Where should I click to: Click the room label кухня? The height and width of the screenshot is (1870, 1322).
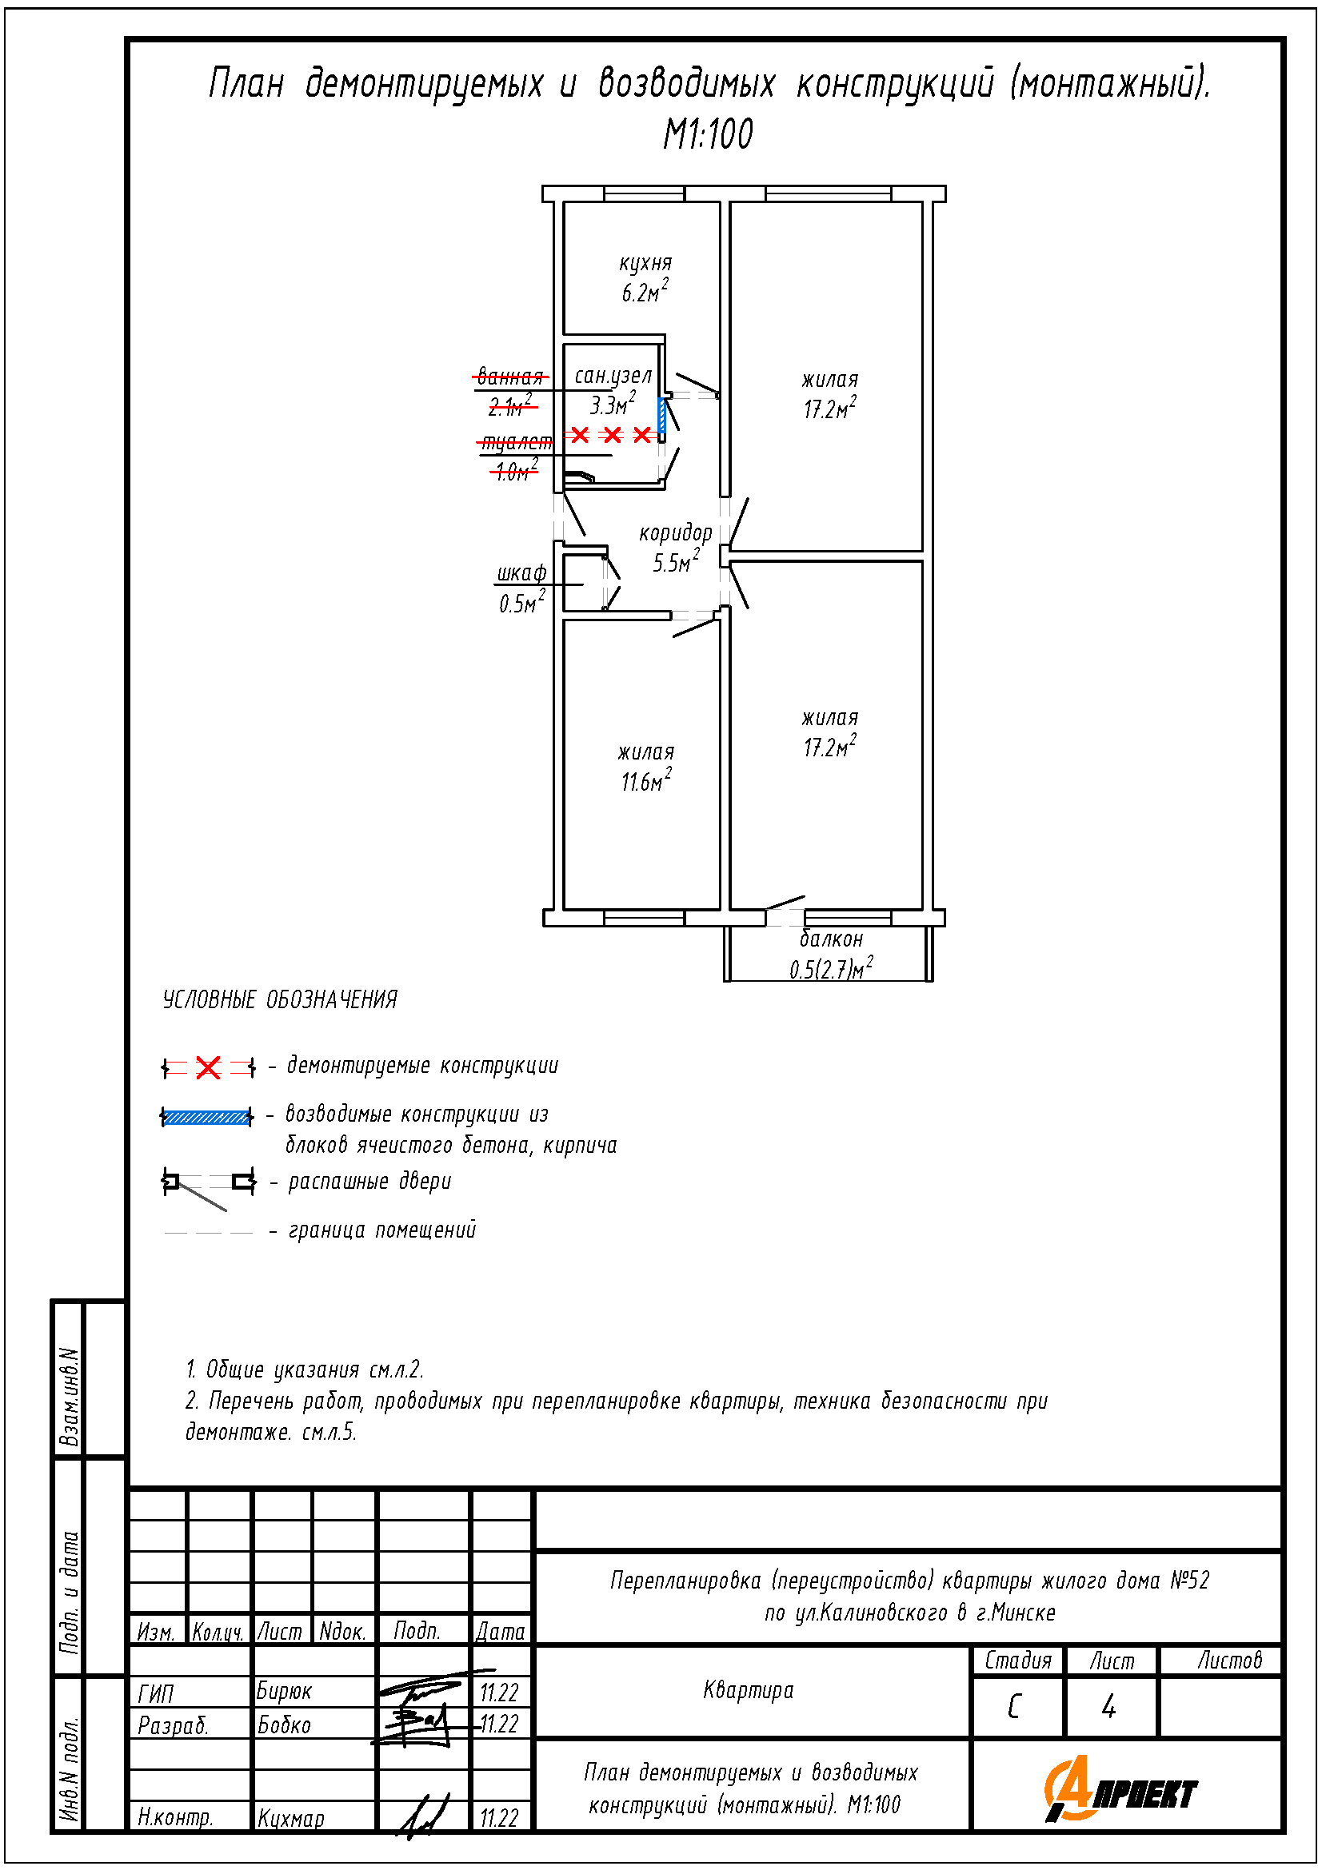click(x=645, y=263)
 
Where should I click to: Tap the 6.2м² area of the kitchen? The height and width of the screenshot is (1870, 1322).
click(x=645, y=292)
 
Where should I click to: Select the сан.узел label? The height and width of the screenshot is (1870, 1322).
click(x=613, y=376)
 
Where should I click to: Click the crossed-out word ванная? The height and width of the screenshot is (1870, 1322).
click(x=510, y=377)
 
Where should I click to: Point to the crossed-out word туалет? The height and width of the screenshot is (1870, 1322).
click(x=516, y=442)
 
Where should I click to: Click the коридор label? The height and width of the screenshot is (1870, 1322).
click(x=675, y=532)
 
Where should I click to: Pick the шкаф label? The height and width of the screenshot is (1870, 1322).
click(x=521, y=572)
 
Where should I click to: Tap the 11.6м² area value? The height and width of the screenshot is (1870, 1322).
click(x=646, y=780)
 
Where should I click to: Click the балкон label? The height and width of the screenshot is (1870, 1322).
click(x=831, y=939)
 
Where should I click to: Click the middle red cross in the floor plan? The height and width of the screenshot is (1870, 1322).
click(x=613, y=435)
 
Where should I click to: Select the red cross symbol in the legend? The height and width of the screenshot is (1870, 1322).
click(x=209, y=1067)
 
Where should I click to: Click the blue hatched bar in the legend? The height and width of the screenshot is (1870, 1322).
click(x=207, y=1117)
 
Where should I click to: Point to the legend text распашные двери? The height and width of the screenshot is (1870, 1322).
click(x=369, y=1181)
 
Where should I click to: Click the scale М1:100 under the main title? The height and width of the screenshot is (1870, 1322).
click(x=708, y=134)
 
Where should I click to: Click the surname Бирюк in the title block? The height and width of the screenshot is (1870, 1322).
click(x=283, y=1692)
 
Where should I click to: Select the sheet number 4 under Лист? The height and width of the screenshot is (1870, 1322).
click(x=1108, y=1706)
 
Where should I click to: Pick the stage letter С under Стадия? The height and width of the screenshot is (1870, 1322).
click(x=1014, y=1706)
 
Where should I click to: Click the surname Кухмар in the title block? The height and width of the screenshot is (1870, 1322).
click(x=291, y=1818)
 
